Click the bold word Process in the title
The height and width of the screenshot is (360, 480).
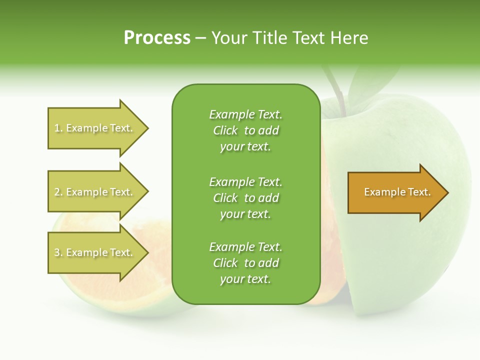click(x=157, y=38)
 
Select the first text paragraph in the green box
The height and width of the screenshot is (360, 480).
click(x=245, y=130)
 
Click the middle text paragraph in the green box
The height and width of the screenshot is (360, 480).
click(x=245, y=197)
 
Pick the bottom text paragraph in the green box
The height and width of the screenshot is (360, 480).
click(x=245, y=263)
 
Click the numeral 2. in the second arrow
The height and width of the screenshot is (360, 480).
click(x=58, y=192)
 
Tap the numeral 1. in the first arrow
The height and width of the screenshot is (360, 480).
click(x=58, y=128)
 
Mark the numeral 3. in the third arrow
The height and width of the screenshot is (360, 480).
click(x=58, y=252)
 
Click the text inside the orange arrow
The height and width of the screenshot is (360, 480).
click(x=397, y=192)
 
